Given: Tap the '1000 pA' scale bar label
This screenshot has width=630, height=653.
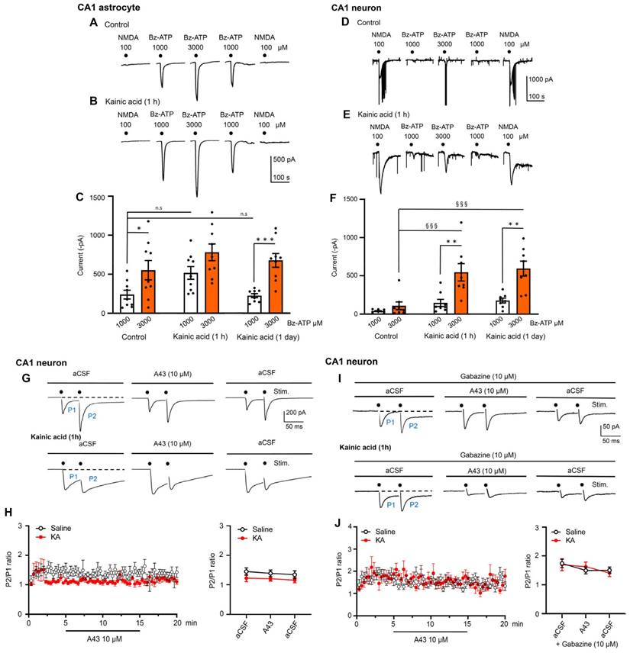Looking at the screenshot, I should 544,79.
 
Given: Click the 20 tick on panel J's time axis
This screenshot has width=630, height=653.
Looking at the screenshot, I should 503,622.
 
